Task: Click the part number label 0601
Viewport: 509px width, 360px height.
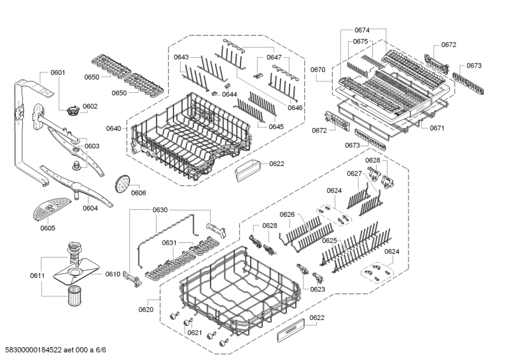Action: [x=57, y=73]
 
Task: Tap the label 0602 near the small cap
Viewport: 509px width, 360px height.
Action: [x=90, y=106]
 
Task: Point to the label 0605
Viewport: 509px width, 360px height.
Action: [x=48, y=228]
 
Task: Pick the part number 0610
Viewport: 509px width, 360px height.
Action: [x=113, y=274]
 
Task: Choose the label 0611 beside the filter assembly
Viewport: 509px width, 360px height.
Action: [x=38, y=275]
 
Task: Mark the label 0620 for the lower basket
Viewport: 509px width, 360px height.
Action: [x=146, y=310]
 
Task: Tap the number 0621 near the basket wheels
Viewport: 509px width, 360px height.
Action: [x=195, y=333]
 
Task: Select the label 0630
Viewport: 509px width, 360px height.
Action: [x=160, y=211]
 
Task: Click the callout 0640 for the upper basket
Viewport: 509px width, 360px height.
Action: [x=113, y=128]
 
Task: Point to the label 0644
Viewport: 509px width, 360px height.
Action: [x=230, y=94]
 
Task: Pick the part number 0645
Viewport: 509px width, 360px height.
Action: [x=276, y=127]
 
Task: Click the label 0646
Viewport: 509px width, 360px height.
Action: [x=295, y=107]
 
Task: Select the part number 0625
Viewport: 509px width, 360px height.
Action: [x=329, y=241]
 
